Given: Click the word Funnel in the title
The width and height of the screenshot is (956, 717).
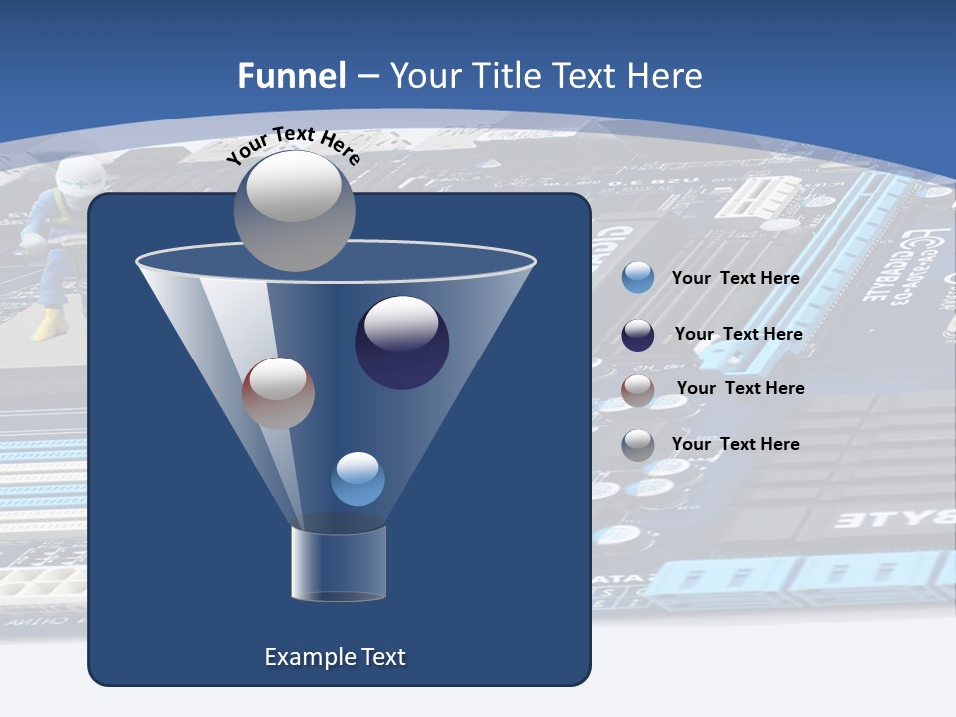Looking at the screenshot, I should (291, 76).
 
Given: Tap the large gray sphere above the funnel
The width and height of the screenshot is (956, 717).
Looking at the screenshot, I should (294, 210).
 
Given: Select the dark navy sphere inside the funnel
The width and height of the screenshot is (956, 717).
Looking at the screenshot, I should (401, 343).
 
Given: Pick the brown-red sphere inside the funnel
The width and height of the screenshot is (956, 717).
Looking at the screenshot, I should (278, 393).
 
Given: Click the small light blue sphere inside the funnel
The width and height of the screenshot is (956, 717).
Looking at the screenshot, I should (358, 479).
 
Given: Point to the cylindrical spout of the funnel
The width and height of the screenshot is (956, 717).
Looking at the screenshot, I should (339, 564).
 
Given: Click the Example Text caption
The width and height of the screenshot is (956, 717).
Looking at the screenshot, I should (335, 657).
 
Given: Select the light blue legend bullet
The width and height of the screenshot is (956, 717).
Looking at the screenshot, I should (638, 278).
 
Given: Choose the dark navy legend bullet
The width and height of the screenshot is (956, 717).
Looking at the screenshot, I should (638, 335).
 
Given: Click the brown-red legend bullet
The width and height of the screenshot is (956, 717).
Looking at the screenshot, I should (638, 389).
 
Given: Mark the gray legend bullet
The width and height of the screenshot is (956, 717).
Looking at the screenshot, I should (638, 444).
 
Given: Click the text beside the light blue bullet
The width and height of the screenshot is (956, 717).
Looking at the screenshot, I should (735, 278).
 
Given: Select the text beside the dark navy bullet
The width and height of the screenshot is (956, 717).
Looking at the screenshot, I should (738, 334).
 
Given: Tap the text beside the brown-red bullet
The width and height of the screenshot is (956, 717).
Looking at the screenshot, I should (740, 388).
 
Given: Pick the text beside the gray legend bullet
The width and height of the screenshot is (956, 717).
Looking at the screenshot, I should (735, 444).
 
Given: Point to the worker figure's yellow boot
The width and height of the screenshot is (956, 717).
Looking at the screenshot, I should (46, 325).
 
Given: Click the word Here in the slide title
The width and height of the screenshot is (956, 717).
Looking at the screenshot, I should (666, 76).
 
